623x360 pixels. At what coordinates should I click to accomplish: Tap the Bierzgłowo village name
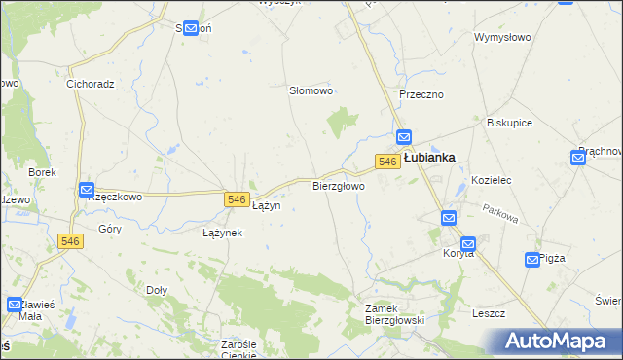(338, 185)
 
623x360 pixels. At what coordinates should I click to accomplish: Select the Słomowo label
(311, 90)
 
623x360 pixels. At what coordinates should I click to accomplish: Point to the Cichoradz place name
(91, 84)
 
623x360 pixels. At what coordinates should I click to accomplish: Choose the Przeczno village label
(421, 94)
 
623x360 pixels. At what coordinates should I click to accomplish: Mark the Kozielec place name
(492, 181)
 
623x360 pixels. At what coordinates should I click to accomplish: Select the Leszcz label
(488, 313)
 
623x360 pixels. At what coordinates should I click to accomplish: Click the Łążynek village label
(222, 234)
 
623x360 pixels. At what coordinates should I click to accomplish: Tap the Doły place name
(156, 289)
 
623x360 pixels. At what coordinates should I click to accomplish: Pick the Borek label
(43, 172)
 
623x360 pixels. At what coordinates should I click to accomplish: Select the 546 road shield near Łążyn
(236, 198)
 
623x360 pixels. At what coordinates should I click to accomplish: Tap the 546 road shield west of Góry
(68, 241)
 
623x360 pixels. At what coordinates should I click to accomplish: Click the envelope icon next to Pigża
(532, 259)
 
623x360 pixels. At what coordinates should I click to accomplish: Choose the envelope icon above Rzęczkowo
(86, 190)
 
